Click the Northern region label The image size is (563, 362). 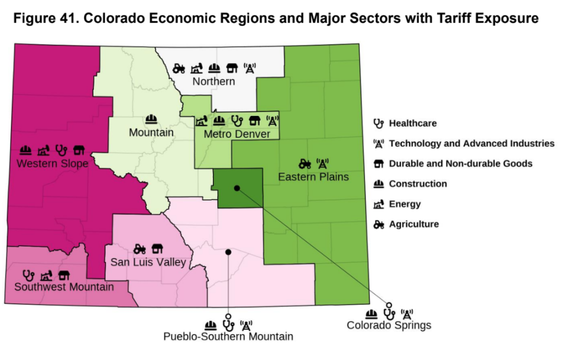213,82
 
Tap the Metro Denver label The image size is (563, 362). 236,135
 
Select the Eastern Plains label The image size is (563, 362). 313,177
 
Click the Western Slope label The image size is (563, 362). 52,164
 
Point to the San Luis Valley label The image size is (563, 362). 148,263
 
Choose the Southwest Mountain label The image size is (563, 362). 64,287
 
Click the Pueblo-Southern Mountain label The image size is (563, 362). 228,337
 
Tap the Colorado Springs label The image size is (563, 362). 389,326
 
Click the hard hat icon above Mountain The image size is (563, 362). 151,119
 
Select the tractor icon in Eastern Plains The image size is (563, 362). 305,163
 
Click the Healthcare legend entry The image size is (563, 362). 412,123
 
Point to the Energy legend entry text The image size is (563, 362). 405,204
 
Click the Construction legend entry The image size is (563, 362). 417,184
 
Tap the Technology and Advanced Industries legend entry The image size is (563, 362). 471,143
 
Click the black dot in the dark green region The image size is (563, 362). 236,188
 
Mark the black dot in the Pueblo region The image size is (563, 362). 228,252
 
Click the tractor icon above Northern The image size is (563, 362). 179,69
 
